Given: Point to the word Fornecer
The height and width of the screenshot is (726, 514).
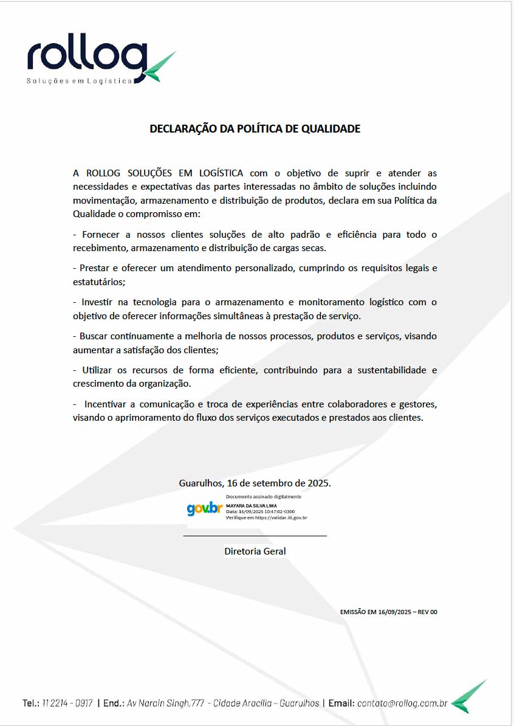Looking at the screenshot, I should pos(101,235).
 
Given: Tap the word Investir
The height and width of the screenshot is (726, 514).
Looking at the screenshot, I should pos(99,302).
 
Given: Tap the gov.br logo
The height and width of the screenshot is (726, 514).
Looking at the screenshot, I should pos(205,508).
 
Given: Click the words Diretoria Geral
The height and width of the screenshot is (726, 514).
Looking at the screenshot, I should pos(255,551).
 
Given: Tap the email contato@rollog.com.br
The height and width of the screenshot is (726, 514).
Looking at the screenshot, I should pos(402,704).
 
